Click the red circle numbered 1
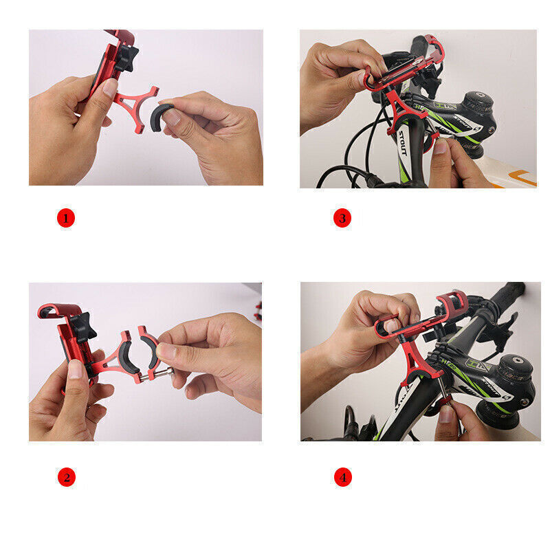click(x=65, y=219)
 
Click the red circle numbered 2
click(x=65, y=476)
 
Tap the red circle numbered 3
click(x=342, y=219)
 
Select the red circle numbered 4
click(x=342, y=476)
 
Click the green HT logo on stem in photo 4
click(x=474, y=363)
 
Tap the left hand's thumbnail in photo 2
click(x=74, y=370)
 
